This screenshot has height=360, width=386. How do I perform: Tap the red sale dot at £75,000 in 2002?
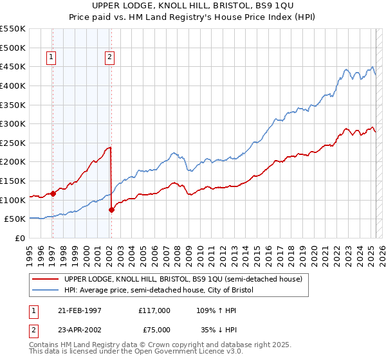(x=111, y=209)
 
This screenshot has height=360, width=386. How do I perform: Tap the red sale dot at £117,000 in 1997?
(x=53, y=193)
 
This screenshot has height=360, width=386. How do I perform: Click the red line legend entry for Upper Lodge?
(x=187, y=279)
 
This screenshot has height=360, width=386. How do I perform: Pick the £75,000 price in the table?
(x=154, y=329)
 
